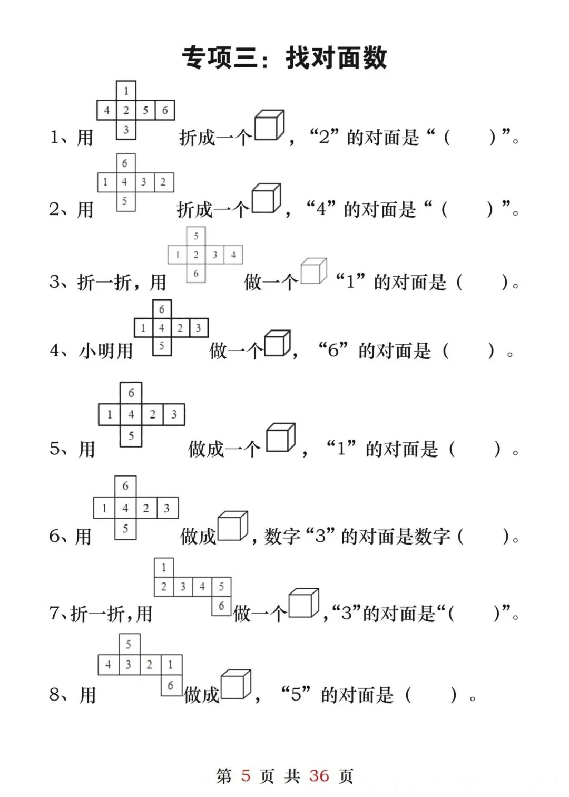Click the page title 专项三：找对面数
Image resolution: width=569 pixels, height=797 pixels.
(x=284, y=57)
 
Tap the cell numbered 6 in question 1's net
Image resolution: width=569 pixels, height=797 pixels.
(x=165, y=110)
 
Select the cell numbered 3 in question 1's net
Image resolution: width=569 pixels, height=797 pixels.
(x=126, y=130)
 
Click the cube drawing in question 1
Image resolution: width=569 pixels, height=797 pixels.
(x=269, y=125)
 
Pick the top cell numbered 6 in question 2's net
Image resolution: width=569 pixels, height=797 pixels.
(x=125, y=163)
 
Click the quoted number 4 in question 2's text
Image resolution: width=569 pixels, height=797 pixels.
(x=321, y=209)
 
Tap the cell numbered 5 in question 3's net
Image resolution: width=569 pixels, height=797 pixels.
(x=196, y=236)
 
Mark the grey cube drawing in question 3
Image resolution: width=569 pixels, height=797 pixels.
(x=313, y=271)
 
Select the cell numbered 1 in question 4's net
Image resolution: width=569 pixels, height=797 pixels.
(x=143, y=328)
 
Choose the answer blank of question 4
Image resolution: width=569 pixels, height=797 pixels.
(x=469, y=351)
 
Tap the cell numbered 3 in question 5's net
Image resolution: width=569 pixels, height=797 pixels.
(x=174, y=415)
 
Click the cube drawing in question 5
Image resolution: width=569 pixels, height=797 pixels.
(x=280, y=438)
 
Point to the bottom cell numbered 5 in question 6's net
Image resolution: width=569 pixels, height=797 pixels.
(x=125, y=529)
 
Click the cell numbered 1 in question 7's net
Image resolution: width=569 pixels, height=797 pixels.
(x=164, y=568)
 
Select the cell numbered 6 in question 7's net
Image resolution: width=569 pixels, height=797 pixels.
(x=221, y=606)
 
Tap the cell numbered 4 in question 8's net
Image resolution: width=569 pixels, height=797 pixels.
(x=108, y=665)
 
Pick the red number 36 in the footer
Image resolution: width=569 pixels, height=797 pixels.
(x=319, y=775)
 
